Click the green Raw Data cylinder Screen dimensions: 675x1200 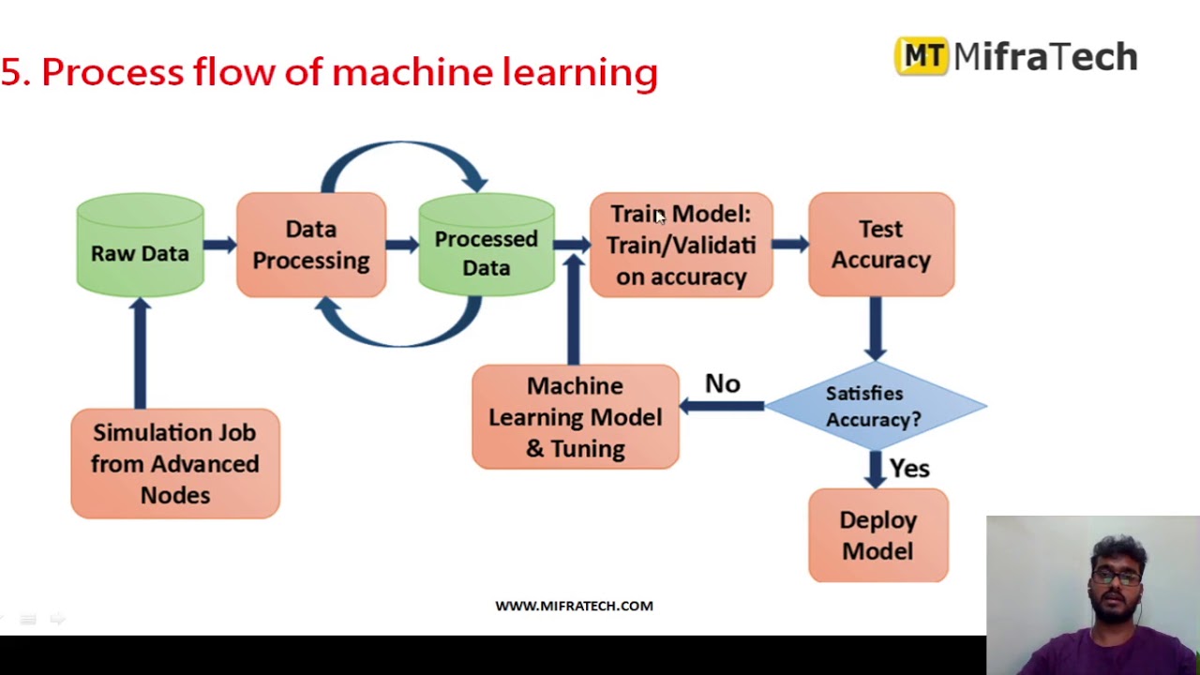point(140,246)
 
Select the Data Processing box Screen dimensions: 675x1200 point(310,245)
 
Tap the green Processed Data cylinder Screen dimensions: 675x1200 point(486,247)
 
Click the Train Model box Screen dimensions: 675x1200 point(681,245)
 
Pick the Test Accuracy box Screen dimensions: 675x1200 point(880,245)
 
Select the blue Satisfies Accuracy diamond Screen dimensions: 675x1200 point(874,406)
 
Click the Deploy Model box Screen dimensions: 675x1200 point(877,535)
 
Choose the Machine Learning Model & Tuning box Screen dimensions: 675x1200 point(575,417)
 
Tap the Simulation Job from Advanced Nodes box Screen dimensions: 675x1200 point(175,463)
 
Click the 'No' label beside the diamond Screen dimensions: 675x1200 point(722,383)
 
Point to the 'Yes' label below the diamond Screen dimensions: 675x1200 point(908,468)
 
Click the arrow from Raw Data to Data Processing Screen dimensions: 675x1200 point(219,245)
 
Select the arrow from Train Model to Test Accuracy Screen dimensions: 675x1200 point(790,245)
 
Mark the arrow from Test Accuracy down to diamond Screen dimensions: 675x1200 point(875,328)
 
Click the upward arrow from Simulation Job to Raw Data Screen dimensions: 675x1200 point(141,352)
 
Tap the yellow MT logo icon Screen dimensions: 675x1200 point(922,56)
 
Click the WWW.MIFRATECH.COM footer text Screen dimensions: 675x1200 point(574,606)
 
